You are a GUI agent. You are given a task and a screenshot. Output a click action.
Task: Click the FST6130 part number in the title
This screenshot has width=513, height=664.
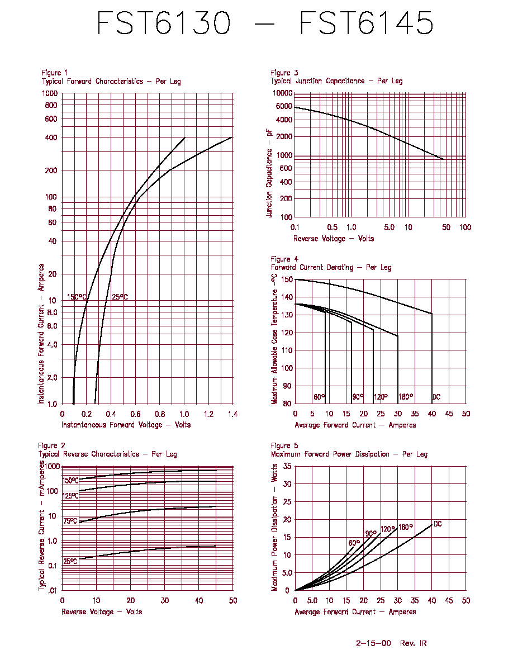pyautogui.click(x=164, y=23)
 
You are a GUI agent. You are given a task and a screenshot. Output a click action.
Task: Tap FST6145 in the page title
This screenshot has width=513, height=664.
pyautogui.click(x=367, y=23)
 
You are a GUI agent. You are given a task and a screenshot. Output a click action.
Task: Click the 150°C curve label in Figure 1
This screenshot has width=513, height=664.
pyautogui.click(x=77, y=297)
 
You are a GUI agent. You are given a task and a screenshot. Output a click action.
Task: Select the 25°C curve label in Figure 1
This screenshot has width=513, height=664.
pyautogui.click(x=120, y=297)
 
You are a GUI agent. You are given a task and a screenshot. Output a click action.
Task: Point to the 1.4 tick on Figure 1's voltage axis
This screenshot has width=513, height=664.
pyautogui.click(x=233, y=414)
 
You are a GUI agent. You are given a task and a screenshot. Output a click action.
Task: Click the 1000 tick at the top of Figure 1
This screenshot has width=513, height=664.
pyautogui.click(x=50, y=93)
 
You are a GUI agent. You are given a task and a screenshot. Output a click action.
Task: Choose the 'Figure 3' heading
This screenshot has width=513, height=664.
pyautogui.click(x=284, y=73)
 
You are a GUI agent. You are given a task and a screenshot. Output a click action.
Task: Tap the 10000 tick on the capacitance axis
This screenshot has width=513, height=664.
pyautogui.click(x=282, y=93)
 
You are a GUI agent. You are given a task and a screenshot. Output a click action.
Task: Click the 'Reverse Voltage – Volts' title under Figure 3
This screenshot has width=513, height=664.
pyautogui.click(x=334, y=239)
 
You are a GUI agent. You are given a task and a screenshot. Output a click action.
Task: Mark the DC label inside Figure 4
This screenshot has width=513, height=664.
pyautogui.click(x=436, y=397)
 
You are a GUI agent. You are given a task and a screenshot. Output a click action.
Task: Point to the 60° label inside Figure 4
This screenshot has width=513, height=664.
pyautogui.click(x=319, y=397)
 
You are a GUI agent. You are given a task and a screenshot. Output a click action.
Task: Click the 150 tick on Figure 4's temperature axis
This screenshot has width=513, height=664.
pyautogui.click(x=287, y=279)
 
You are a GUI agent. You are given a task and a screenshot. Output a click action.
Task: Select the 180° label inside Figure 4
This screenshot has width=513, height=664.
pyautogui.click(x=406, y=397)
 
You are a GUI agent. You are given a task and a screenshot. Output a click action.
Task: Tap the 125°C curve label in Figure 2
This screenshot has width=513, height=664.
pyautogui.click(x=70, y=495)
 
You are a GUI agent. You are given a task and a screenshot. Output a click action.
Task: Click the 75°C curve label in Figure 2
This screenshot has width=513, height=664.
pyautogui.click(x=70, y=521)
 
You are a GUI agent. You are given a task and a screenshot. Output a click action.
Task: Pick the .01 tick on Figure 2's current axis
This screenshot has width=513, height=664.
pyautogui.click(x=52, y=590)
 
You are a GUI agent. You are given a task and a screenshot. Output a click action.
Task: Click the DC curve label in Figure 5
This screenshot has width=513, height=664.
pyautogui.click(x=438, y=524)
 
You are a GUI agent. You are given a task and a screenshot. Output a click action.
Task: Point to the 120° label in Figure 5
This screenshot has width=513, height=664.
pyautogui.click(x=388, y=529)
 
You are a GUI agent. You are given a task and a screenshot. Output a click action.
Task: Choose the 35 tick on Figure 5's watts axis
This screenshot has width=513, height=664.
pyautogui.click(x=287, y=466)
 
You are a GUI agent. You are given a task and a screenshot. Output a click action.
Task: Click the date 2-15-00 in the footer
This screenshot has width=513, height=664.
pyautogui.click(x=373, y=643)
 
